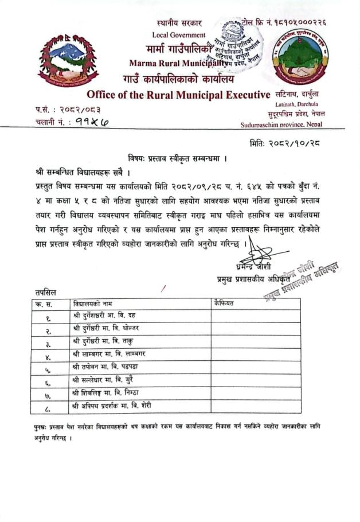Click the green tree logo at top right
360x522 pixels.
coord(300,57)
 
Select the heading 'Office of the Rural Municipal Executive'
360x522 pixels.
coord(178,95)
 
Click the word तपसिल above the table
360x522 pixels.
coord(46,293)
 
